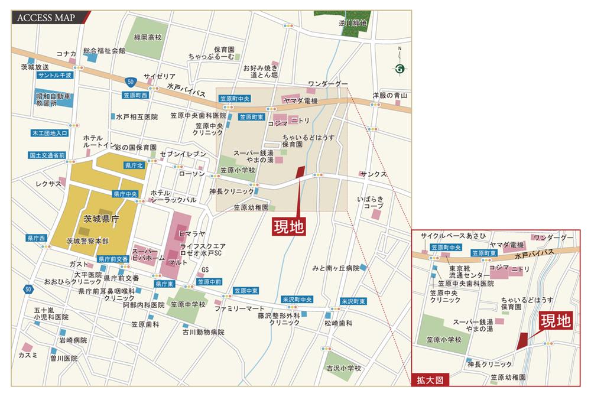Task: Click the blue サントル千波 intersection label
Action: tap(54, 76)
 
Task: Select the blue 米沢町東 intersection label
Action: tap(353, 301)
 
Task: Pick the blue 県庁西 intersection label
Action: tap(36, 238)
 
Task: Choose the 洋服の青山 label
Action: tap(390, 95)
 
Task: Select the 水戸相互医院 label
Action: tap(137, 116)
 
